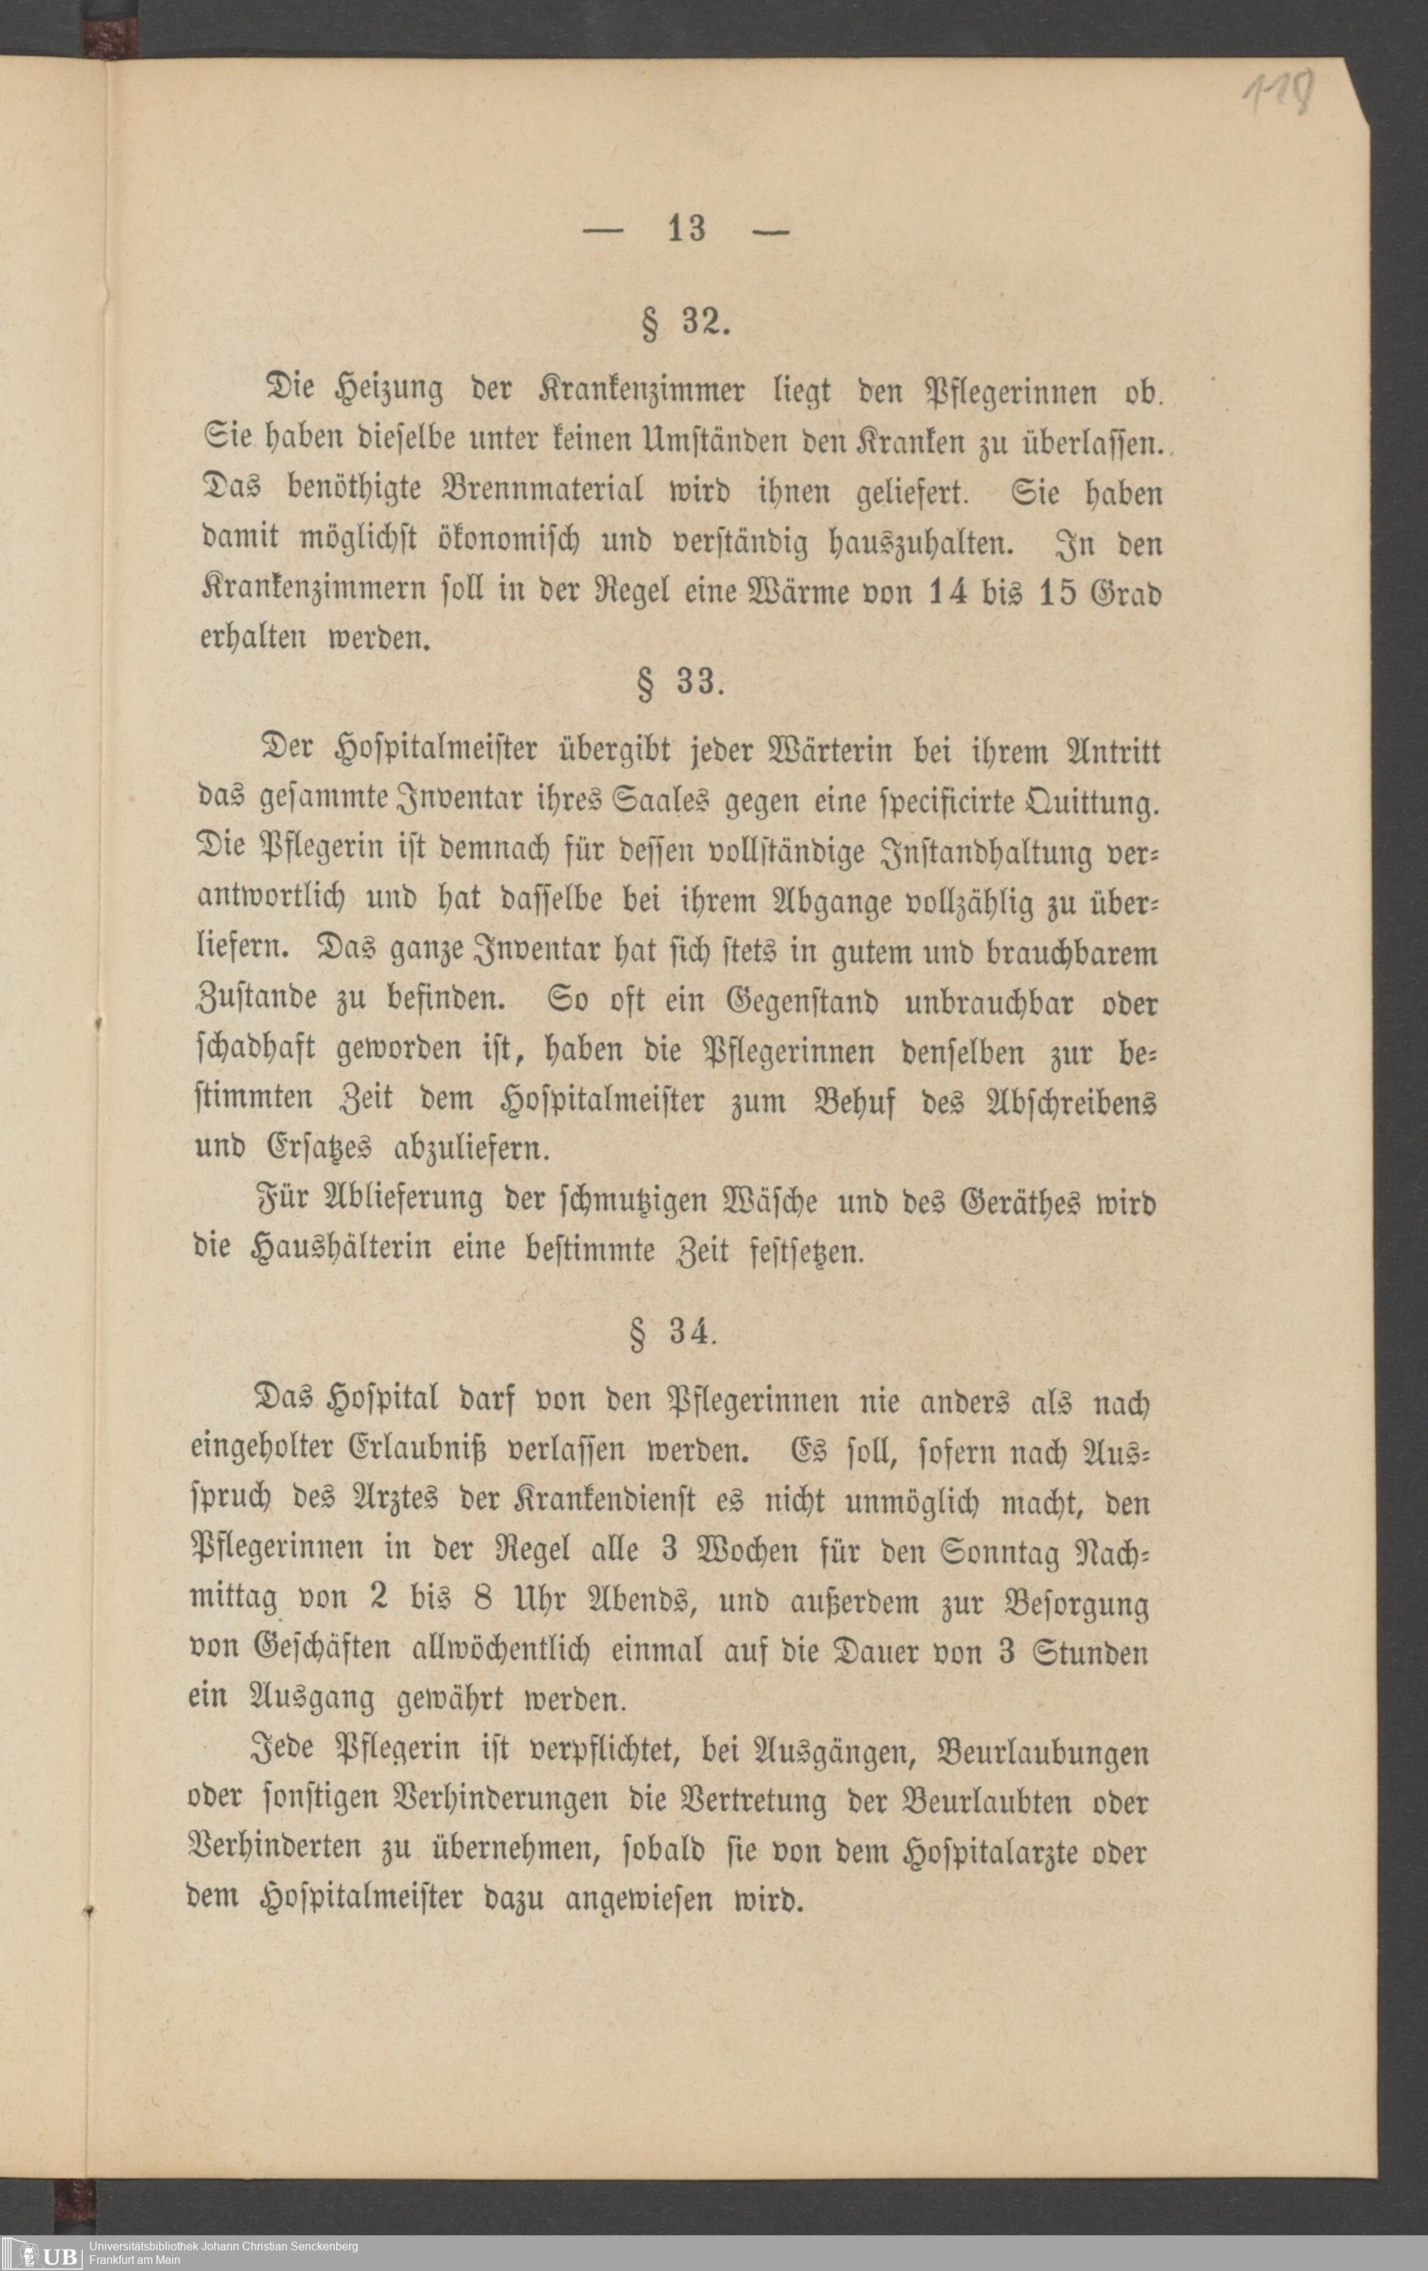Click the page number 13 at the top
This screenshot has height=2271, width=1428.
(687, 229)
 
